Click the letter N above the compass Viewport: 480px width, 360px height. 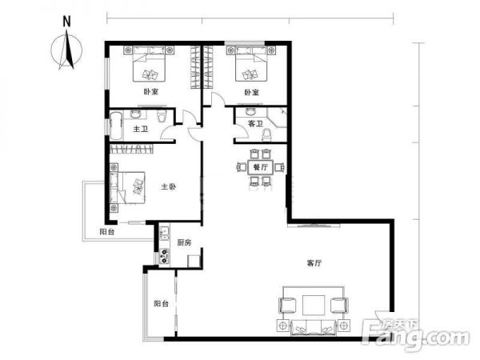(x=66, y=22)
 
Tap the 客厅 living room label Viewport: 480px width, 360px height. (x=314, y=263)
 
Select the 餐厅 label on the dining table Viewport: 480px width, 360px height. (x=261, y=167)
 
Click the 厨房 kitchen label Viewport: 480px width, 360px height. (x=184, y=242)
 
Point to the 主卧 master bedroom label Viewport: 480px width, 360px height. (x=168, y=186)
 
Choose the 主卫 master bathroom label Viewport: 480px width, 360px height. (x=141, y=129)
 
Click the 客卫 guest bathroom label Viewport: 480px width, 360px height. (x=255, y=124)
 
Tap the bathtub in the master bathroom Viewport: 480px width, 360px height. (x=116, y=126)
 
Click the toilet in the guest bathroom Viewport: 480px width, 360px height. (x=266, y=135)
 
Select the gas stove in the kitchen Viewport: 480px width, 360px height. (x=164, y=256)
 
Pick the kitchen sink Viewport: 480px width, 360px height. (x=164, y=233)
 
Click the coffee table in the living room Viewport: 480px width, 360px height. (x=314, y=305)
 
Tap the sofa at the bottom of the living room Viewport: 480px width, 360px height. (x=314, y=327)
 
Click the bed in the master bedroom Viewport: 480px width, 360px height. (x=127, y=188)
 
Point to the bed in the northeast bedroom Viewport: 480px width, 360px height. (x=251, y=64)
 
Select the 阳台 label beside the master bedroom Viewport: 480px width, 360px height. (x=107, y=232)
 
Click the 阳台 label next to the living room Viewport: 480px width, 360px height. (x=162, y=304)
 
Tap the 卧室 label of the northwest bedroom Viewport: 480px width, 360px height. (x=151, y=91)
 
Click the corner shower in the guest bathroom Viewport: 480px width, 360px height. (x=278, y=118)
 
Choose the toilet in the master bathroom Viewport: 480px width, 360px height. (x=162, y=116)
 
